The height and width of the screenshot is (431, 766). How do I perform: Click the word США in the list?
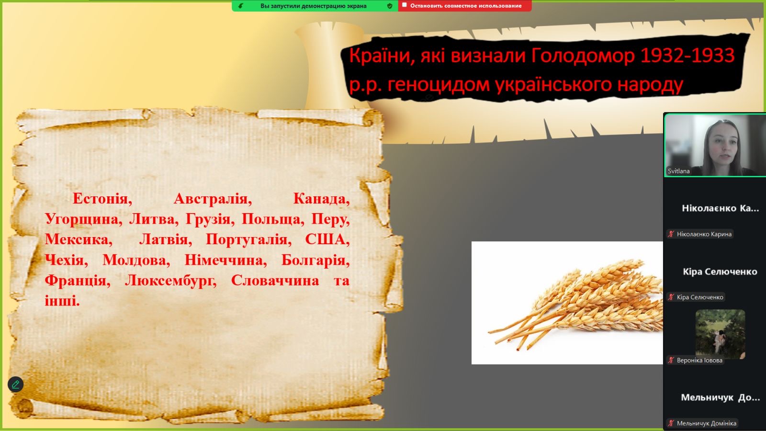[327, 239]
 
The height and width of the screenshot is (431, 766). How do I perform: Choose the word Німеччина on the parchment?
[225, 261]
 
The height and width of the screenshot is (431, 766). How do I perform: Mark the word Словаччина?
[275, 281]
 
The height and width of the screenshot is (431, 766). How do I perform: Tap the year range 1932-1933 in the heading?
[687, 56]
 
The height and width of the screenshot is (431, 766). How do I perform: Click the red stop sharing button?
[465, 6]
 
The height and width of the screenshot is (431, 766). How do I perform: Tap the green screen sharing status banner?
[315, 6]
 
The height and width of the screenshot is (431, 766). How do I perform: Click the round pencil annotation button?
[16, 384]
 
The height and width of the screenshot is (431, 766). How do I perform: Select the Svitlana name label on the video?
[678, 171]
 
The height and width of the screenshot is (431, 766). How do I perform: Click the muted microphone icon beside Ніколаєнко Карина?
[671, 234]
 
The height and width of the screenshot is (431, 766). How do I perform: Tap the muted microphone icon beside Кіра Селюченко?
[671, 297]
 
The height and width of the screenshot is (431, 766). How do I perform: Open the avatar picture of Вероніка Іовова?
[720, 334]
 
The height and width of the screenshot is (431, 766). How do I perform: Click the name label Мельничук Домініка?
[707, 423]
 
